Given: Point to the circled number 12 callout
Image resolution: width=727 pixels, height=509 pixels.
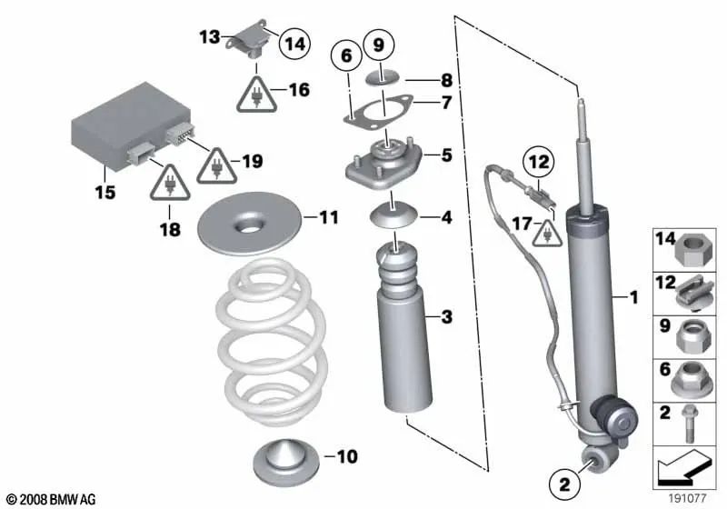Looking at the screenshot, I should coord(538,163).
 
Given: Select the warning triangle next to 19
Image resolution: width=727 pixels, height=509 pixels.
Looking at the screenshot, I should coord(216,166).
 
